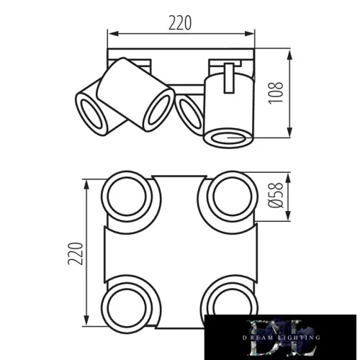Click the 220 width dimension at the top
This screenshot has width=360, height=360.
coord(181,22)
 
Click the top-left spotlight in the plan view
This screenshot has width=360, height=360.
coord(129,195)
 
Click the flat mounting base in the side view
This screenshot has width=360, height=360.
coord(181,55)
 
